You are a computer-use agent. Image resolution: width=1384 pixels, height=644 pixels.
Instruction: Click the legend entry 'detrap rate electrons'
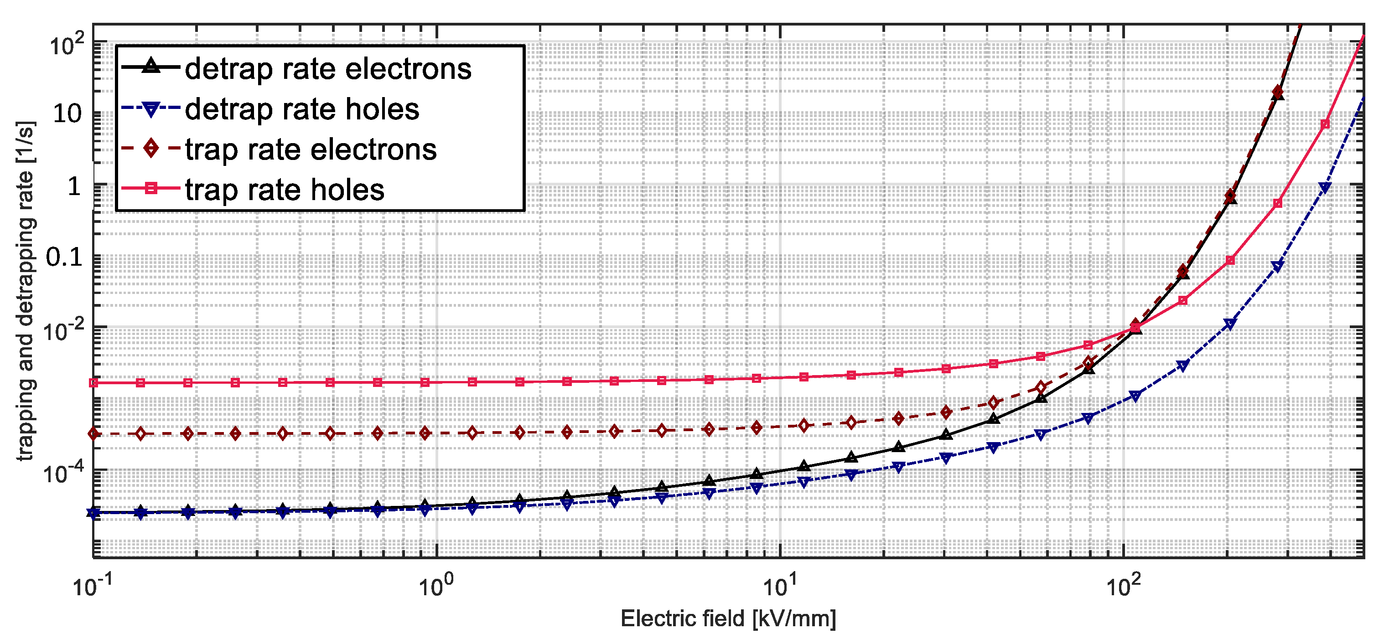click(x=328, y=69)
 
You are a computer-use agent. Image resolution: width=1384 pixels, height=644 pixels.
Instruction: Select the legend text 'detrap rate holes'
click(x=302, y=109)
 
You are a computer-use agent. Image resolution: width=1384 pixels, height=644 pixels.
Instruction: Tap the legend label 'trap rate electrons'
click(x=311, y=149)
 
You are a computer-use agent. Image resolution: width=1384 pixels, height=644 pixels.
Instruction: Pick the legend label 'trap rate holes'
click(x=285, y=190)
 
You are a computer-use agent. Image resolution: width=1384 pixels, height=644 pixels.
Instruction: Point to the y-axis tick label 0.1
click(x=64, y=257)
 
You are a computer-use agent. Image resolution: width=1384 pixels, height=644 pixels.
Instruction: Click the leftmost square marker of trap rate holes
click(x=93, y=383)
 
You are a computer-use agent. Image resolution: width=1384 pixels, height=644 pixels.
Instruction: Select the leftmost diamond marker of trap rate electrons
click(x=93, y=433)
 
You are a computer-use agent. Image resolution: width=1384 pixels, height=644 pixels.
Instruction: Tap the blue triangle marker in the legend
click(x=151, y=109)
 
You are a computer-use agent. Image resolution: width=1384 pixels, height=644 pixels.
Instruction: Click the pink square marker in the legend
click(x=151, y=189)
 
